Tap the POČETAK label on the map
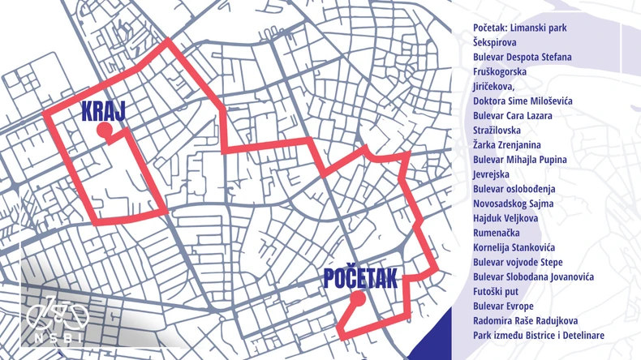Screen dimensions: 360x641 click(360, 279)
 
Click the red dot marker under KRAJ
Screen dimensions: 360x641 click(104, 131)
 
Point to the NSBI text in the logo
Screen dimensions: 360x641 click(56, 336)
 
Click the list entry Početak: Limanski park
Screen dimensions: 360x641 click(519, 28)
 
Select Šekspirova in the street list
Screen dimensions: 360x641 click(495, 42)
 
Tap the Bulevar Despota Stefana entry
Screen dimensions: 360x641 click(523, 57)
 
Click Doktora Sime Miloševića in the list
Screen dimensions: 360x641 click(523, 101)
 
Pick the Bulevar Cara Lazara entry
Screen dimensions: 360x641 click(512, 115)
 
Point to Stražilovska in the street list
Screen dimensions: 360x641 click(497, 130)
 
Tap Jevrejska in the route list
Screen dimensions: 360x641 click(491, 174)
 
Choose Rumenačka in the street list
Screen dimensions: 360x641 click(496, 233)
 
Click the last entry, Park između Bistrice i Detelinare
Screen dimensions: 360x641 click(539, 336)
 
